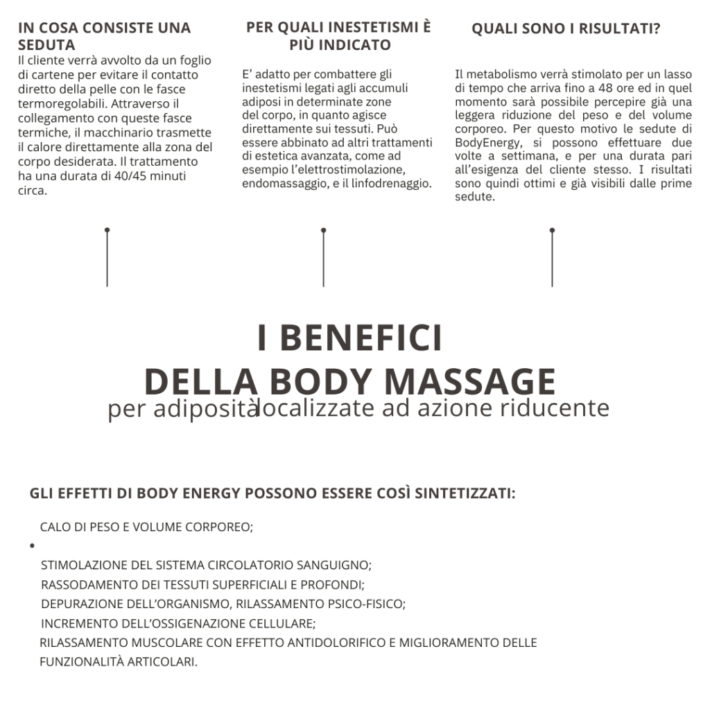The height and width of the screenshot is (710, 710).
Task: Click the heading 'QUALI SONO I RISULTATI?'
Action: pyautogui.click(x=565, y=29)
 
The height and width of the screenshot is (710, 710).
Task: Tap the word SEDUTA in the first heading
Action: pyautogui.click(x=46, y=45)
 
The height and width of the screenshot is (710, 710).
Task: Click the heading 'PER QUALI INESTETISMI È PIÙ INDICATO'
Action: pyautogui.click(x=338, y=36)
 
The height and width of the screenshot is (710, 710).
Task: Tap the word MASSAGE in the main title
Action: pyautogui.click(x=469, y=381)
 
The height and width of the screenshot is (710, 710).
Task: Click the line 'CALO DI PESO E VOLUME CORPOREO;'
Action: pyautogui.click(x=146, y=527)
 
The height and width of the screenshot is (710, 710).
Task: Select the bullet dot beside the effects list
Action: pyautogui.click(x=33, y=546)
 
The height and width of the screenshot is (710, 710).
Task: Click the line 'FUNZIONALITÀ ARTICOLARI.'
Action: pyautogui.click(x=119, y=661)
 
